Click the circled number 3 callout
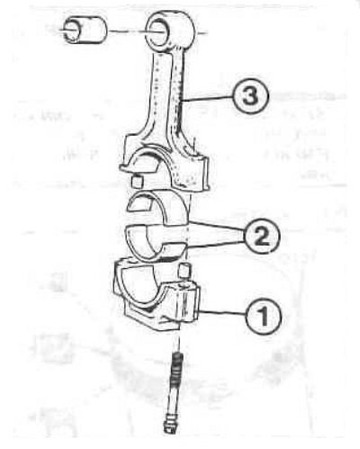(251, 96)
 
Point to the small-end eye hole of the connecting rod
(157, 31)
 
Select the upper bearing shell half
(158, 207)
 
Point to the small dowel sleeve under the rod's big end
(138, 182)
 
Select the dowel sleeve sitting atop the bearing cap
(184, 270)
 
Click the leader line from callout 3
(207, 98)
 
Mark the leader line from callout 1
(223, 313)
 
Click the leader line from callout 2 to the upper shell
(217, 226)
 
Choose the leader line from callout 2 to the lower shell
(215, 244)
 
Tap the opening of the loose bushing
(72, 31)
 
